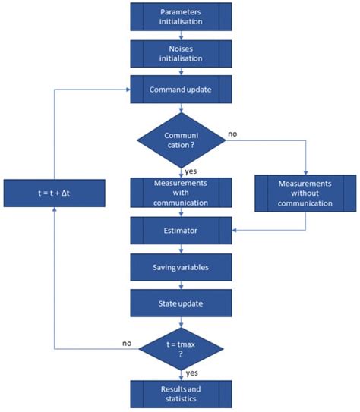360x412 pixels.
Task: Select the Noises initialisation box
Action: [x=180, y=54]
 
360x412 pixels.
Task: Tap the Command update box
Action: [x=180, y=90]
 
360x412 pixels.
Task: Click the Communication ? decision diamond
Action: [x=180, y=140]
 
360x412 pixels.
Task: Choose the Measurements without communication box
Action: [x=305, y=192]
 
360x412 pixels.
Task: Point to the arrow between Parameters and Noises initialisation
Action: [x=180, y=36]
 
